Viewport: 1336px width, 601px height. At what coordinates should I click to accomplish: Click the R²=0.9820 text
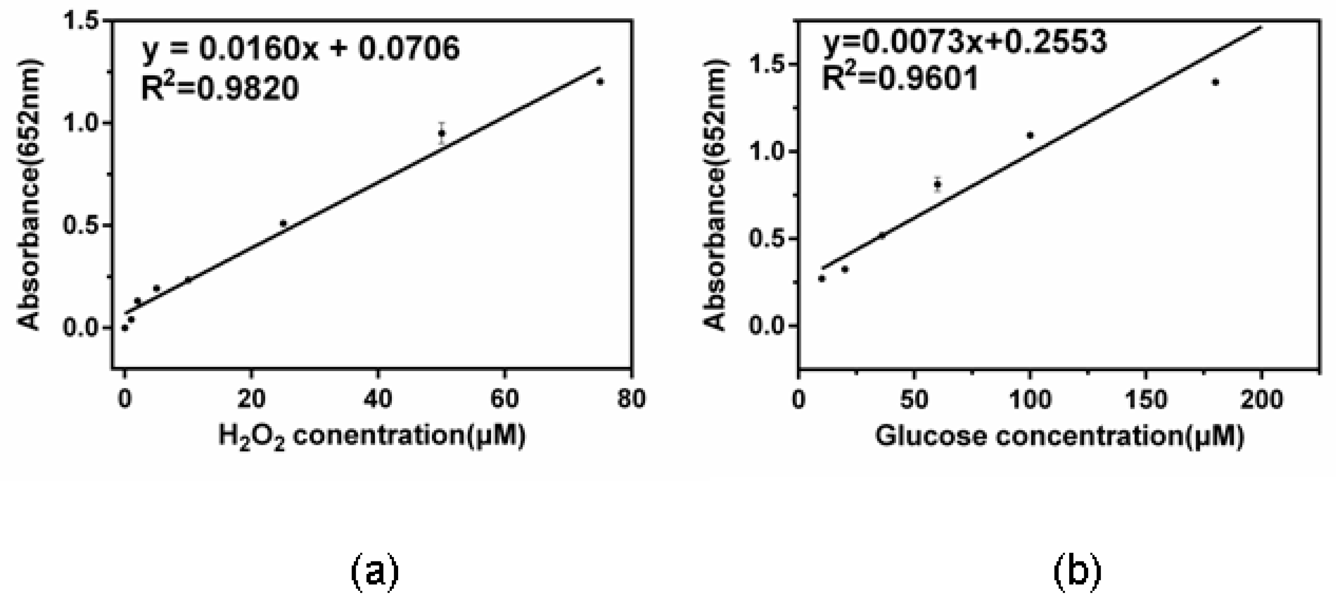pyautogui.click(x=220, y=88)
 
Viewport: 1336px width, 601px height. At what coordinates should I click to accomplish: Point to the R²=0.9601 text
pyautogui.click(x=900, y=79)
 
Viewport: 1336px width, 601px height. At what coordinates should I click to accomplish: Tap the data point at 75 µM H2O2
pyautogui.click(x=600, y=82)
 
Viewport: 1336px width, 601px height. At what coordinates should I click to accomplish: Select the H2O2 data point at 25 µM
pyautogui.click(x=283, y=224)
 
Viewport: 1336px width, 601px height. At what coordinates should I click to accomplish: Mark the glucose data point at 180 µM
pyautogui.click(x=1215, y=82)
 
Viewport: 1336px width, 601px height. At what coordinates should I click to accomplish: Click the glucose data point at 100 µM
pyautogui.click(x=1030, y=135)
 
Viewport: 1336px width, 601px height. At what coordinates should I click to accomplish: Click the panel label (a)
pyautogui.click(x=375, y=572)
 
